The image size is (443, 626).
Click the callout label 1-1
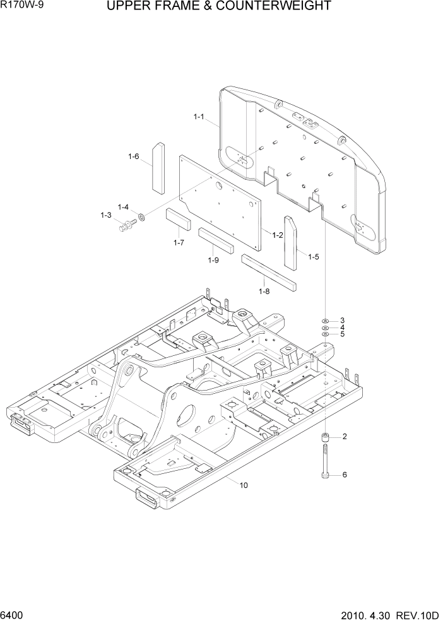pos(199,117)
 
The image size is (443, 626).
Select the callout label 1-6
pos(133,157)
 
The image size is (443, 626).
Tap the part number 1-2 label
pos(277,235)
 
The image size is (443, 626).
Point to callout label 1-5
pos(314,256)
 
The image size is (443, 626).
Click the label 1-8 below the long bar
pos(264,291)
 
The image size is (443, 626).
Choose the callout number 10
pos(244,485)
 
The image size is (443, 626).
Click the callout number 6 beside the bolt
pos(345,475)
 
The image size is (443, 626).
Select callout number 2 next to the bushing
pos(345,437)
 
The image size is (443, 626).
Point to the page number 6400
pos(14,615)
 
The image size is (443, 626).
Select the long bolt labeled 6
pos(325,465)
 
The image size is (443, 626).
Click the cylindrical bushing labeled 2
pos(325,438)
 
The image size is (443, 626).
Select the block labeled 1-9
pos(216,240)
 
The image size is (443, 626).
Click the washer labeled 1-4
pos(141,217)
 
